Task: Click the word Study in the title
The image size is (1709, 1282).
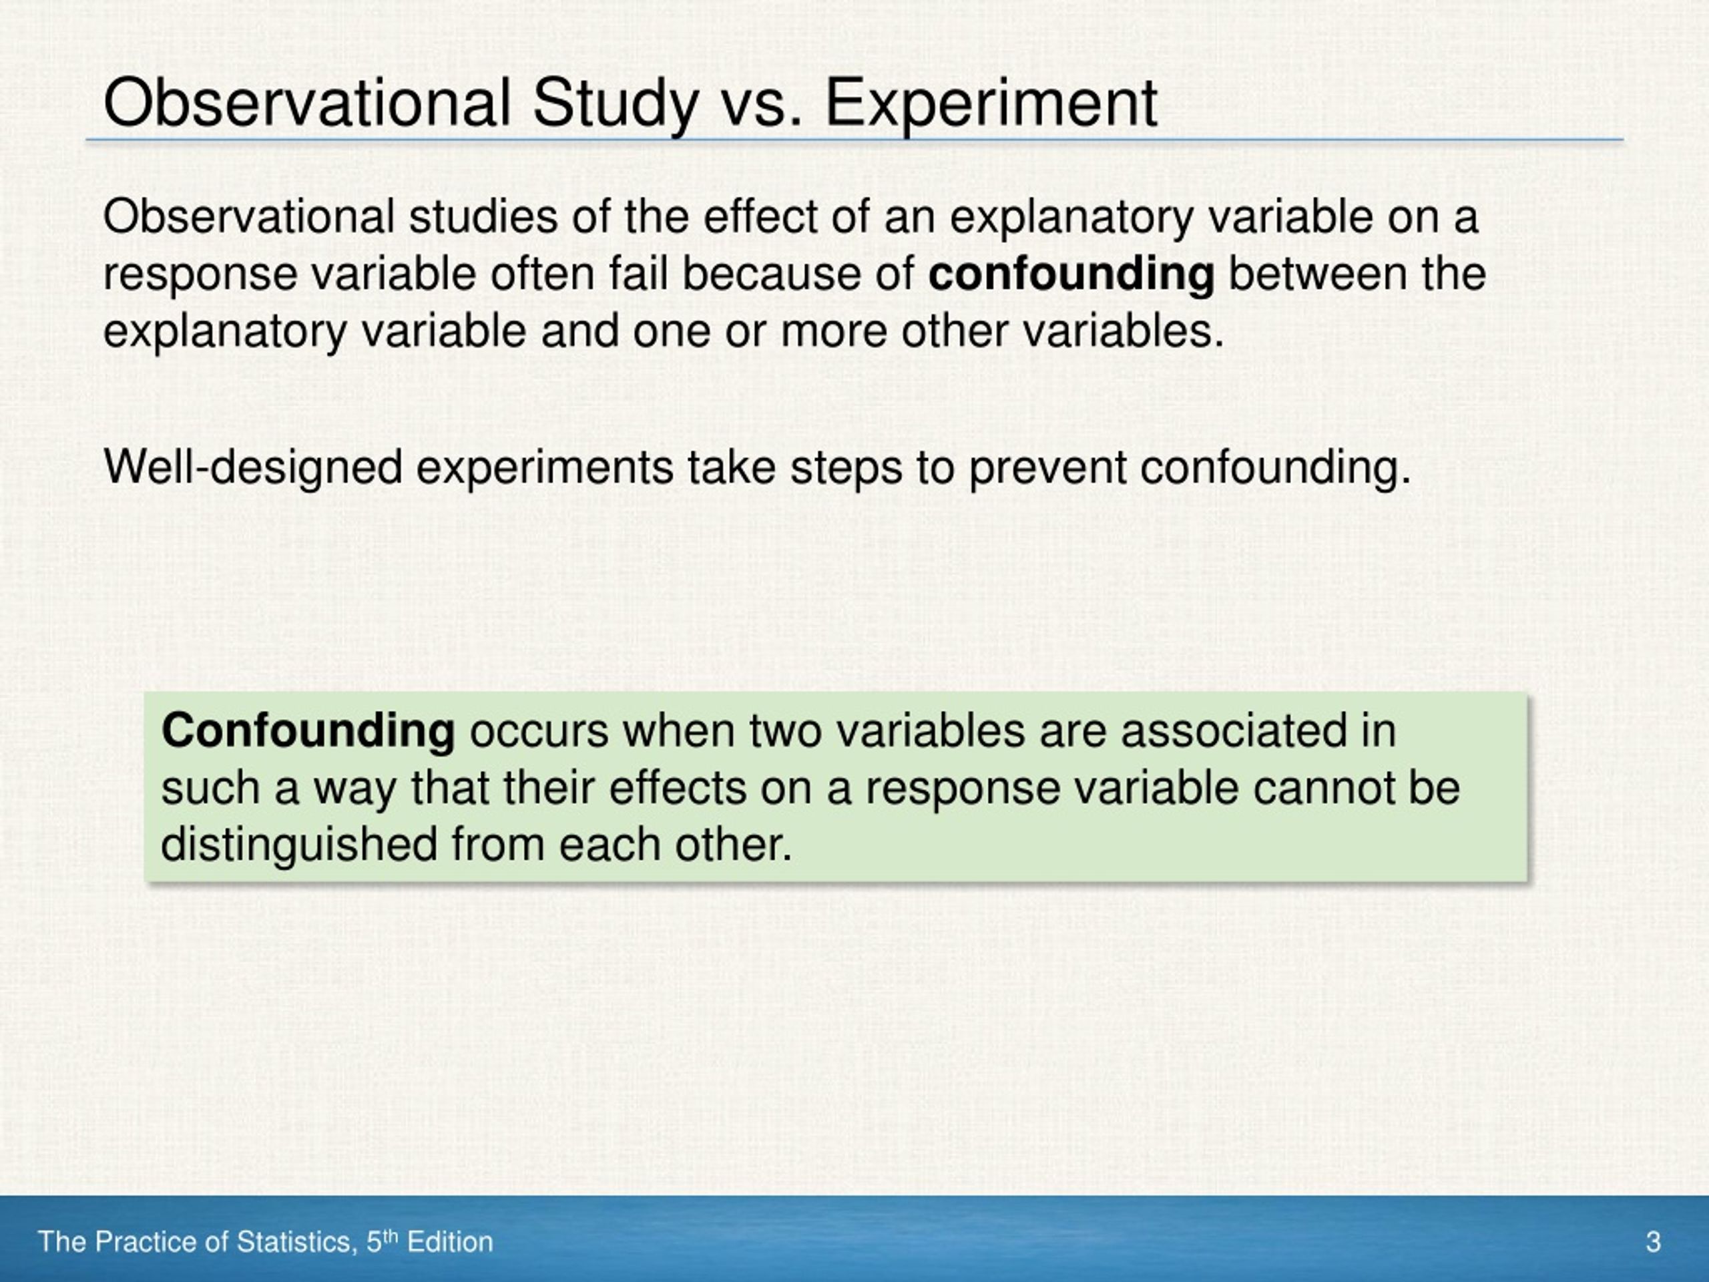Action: coord(615,103)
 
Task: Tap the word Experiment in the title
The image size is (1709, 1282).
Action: coord(991,103)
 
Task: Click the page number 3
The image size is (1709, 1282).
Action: coord(1653,1242)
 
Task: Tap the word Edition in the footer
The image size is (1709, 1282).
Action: coord(450,1242)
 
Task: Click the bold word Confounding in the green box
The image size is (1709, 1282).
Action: coord(308,730)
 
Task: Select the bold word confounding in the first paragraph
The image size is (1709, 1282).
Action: coord(1070,274)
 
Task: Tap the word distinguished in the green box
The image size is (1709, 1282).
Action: coord(299,844)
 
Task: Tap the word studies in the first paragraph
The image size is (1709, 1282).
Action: coord(483,216)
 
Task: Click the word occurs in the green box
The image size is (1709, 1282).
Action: coord(539,730)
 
